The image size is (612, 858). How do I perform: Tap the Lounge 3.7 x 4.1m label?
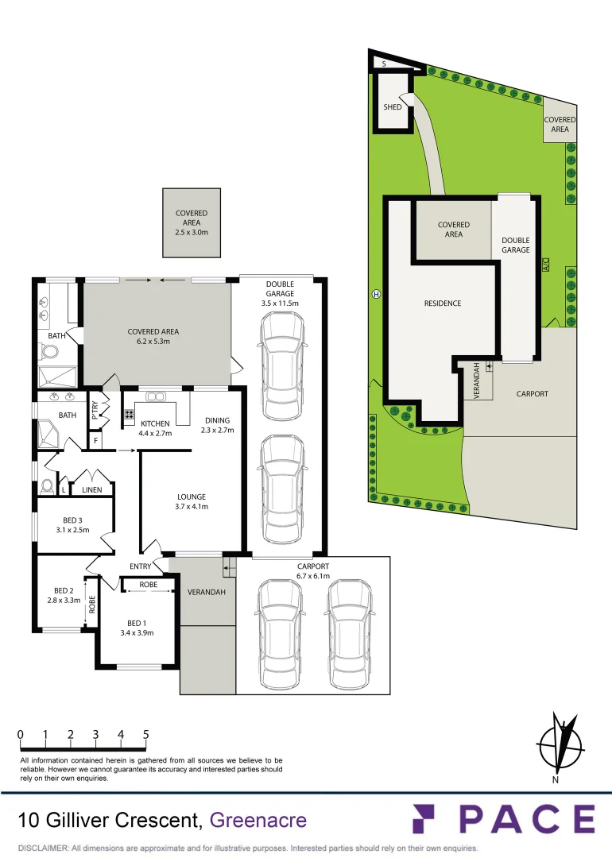pyautogui.click(x=192, y=502)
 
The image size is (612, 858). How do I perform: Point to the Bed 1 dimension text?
pyautogui.click(x=136, y=633)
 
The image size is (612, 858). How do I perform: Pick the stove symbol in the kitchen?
pyautogui.click(x=128, y=414)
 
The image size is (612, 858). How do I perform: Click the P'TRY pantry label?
pyautogui.click(x=95, y=407)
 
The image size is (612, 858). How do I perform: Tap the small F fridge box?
pyautogui.click(x=96, y=439)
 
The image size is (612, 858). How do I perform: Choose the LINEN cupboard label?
pyautogui.click(x=91, y=490)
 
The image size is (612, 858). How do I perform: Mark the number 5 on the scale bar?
pyautogui.click(x=146, y=735)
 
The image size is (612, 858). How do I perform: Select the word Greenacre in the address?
pyautogui.click(x=258, y=820)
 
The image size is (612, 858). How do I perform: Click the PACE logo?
pyautogui.click(x=503, y=819)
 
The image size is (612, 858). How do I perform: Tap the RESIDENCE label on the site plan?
pyautogui.click(x=442, y=303)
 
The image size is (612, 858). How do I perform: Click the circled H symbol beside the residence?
pyautogui.click(x=376, y=295)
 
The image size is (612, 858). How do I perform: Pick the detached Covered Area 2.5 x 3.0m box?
pyautogui.click(x=191, y=222)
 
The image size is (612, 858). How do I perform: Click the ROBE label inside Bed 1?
pyautogui.click(x=148, y=585)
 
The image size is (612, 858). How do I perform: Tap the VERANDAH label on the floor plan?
pyautogui.click(x=206, y=593)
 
